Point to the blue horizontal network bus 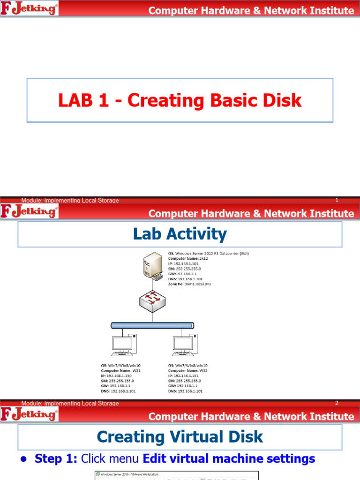pos(152,325)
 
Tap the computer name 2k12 pos(202,258)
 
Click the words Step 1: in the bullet pos(52,459)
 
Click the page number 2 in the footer pos(337,403)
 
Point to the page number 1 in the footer pos(337,201)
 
